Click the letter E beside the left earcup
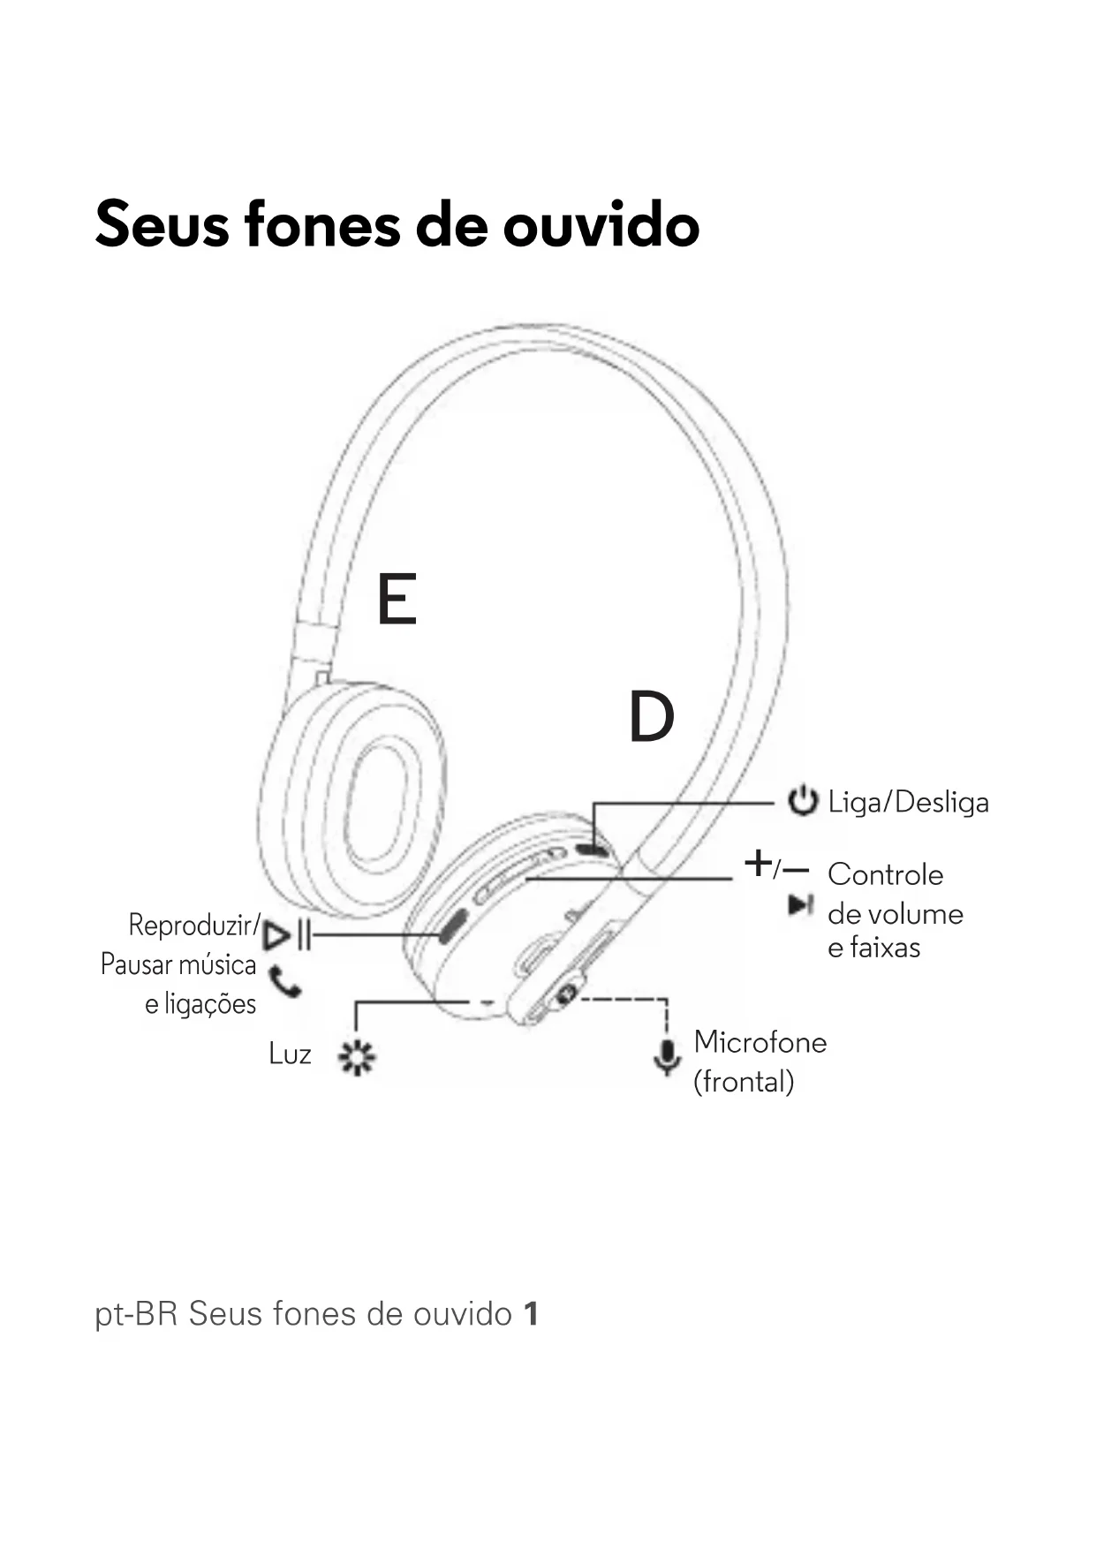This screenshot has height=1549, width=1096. [x=397, y=599]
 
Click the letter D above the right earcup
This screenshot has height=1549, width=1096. [x=651, y=717]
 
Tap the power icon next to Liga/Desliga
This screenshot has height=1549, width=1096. [x=802, y=801]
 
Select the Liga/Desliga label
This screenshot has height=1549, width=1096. [x=908, y=802]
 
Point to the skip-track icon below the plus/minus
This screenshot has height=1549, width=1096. [x=800, y=904]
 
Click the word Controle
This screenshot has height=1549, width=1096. [x=885, y=874]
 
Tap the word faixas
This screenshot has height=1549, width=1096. [x=884, y=948]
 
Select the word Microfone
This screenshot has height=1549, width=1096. [x=760, y=1042]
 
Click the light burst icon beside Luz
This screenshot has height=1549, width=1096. [x=357, y=1056]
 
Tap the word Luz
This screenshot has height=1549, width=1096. [x=290, y=1054]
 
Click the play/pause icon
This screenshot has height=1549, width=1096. [x=288, y=934]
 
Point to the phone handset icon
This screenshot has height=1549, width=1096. [x=284, y=981]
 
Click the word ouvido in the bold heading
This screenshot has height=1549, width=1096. [x=601, y=224]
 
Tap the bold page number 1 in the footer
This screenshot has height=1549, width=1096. [x=530, y=1314]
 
